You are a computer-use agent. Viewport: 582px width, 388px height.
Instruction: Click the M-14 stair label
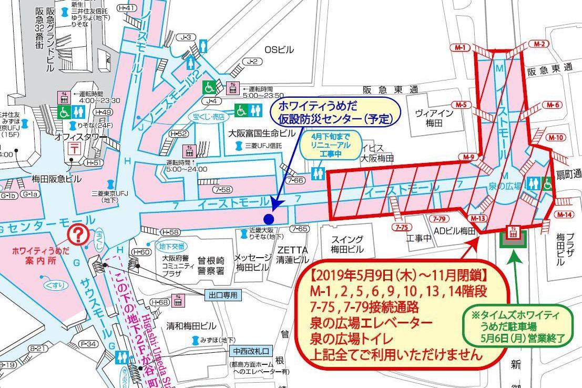[x=564, y=215]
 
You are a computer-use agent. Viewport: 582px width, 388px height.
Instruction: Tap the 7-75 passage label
[x=402, y=227]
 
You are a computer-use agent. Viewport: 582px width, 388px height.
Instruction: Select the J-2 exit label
[x=253, y=62]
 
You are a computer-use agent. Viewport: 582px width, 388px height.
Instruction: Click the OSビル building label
[x=279, y=49]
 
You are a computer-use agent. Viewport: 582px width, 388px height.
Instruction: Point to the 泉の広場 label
[x=505, y=186]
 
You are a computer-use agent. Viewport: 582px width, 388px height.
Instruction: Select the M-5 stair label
[x=461, y=105]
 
